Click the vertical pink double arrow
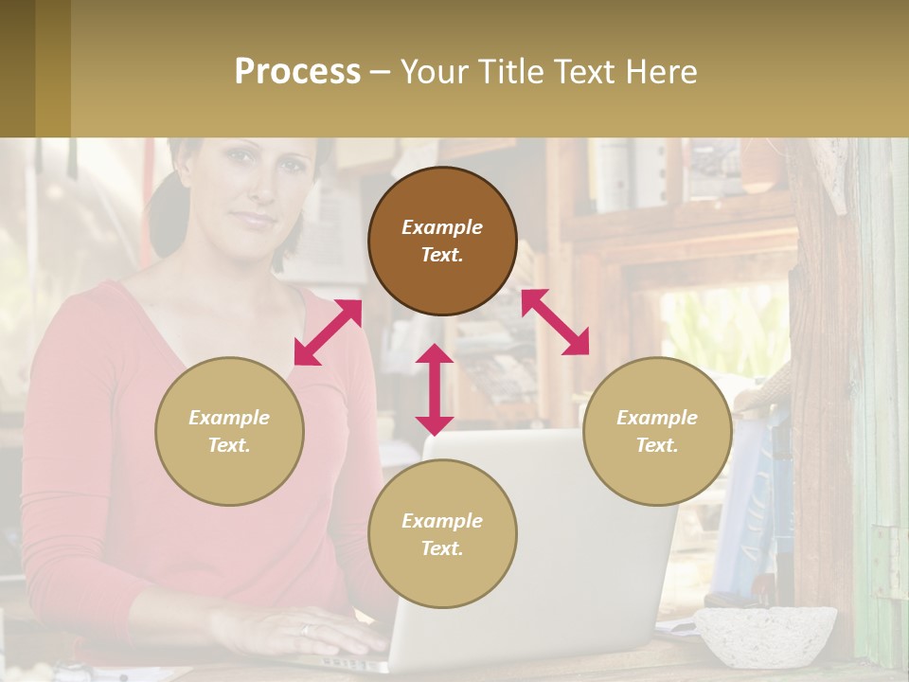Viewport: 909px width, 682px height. tap(435, 389)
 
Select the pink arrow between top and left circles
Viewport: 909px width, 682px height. tap(328, 332)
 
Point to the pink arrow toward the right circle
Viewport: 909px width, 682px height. tap(555, 322)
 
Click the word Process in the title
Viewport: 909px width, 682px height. tap(297, 71)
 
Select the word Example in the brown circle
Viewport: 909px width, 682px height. tap(442, 227)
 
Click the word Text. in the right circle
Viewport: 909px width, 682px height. tap(657, 445)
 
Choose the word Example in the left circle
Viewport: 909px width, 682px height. tap(229, 418)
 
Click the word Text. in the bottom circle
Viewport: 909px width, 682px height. tap(442, 548)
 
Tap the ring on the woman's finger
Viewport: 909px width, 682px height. tap(304, 628)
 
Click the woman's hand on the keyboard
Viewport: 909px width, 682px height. tap(284, 630)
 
